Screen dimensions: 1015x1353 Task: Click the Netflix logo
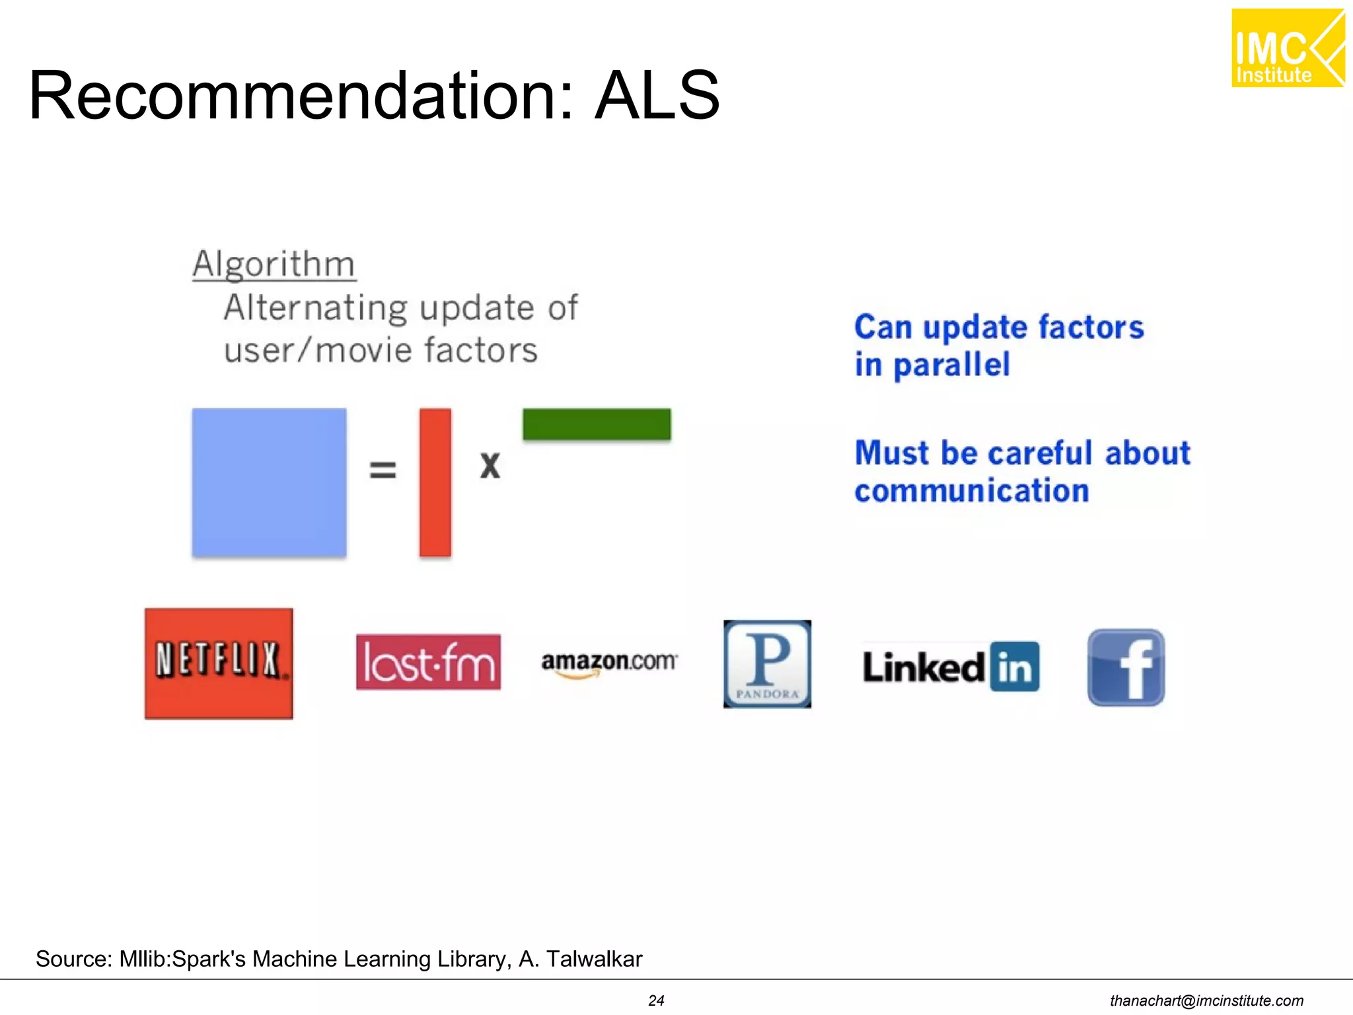point(219,663)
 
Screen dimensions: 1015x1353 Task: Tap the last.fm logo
point(428,662)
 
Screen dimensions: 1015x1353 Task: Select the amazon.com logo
point(609,662)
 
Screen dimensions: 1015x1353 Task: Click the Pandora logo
point(767,663)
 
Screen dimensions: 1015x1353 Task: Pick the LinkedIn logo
point(951,667)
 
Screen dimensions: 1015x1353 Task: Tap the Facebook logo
point(1126,667)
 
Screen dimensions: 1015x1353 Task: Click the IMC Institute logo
point(1288,48)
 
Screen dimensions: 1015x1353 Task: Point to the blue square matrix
point(269,482)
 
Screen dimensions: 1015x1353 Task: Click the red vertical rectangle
point(435,482)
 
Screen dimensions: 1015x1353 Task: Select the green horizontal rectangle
point(597,424)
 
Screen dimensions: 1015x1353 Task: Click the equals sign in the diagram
point(383,470)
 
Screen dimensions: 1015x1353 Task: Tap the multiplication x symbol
point(490,466)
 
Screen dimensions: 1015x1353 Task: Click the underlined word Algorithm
point(274,264)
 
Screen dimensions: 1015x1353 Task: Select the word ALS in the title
point(657,96)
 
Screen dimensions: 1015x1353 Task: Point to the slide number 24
point(656,1000)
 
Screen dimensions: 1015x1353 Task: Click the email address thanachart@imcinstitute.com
point(1206,1000)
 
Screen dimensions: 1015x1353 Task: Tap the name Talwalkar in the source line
point(594,959)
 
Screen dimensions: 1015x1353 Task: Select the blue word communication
point(972,491)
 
